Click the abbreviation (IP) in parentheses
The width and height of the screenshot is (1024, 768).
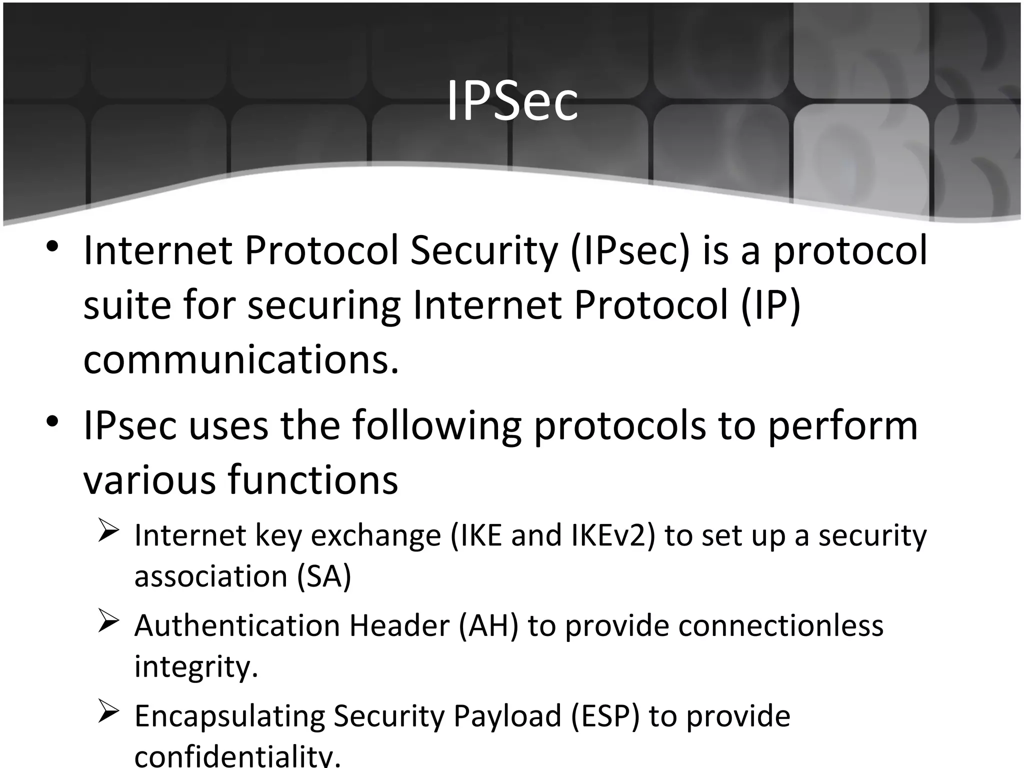point(770,306)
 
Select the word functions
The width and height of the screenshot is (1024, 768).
point(313,480)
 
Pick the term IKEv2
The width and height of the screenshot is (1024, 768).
point(612,535)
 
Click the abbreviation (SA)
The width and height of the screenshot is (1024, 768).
point(324,576)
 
